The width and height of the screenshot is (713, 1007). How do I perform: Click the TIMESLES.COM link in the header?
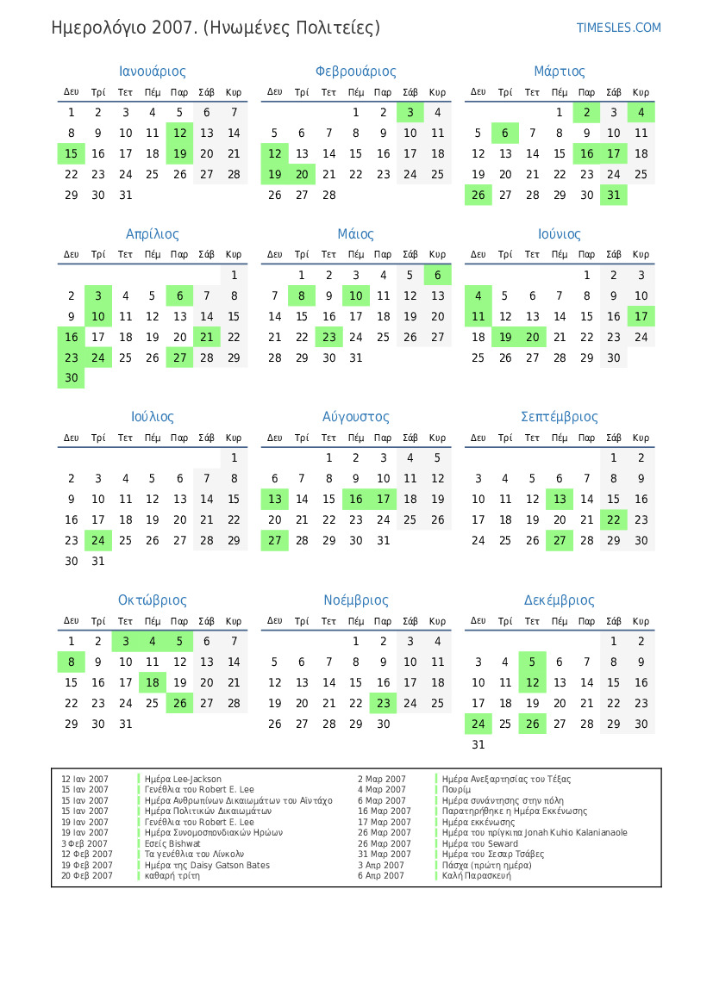[618, 28]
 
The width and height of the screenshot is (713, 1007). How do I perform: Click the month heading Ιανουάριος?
[153, 71]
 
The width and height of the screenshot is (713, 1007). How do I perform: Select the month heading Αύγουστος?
[355, 417]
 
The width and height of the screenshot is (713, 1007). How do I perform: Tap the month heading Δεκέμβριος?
[559, 600]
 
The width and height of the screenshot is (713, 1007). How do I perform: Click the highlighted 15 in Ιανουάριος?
[72, 154]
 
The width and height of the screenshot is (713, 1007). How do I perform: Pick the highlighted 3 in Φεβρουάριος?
[410, 113]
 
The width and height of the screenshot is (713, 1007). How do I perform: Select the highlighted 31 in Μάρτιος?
[614, 196]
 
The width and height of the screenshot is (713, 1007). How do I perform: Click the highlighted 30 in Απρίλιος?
[72, 378]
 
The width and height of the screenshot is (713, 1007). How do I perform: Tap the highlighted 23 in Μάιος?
[328, 338]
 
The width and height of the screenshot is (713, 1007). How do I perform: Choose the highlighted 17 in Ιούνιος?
[641, 317]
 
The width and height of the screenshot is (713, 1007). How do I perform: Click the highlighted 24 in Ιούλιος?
[98, 541]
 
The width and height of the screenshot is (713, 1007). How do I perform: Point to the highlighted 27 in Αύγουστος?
[275, 541]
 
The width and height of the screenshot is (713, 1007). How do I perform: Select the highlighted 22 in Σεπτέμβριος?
[614, 520]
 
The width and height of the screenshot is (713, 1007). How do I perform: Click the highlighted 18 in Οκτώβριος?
[153, 683]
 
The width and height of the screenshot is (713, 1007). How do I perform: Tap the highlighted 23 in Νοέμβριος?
[383, 704]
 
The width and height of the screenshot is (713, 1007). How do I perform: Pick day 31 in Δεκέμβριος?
[478, 745]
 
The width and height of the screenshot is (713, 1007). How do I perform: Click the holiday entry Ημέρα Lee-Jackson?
[183, 780]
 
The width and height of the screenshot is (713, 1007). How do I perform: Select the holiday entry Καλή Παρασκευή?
[476, 876]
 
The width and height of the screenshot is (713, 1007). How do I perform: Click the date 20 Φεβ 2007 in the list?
[86, 876]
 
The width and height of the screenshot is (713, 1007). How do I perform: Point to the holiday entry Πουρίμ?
[456, 790]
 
